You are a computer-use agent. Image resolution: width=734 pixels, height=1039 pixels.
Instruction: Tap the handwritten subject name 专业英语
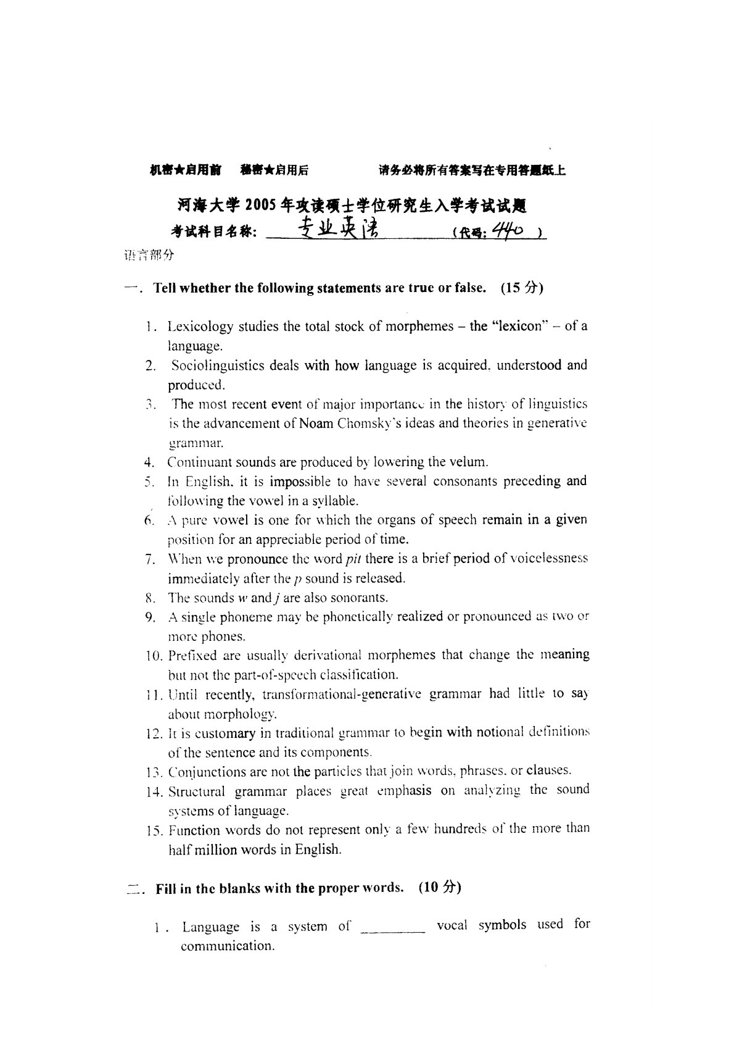(338, 230)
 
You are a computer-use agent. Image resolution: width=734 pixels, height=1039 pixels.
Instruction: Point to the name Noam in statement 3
(316, 424)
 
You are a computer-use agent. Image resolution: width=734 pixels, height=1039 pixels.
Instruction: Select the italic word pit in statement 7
(353, 559)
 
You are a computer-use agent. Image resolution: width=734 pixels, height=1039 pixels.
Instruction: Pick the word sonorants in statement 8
(361, 598)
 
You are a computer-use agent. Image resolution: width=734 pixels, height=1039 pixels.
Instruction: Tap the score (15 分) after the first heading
(522, 288)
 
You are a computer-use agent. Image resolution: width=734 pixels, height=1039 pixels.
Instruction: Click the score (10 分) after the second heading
(440, 888)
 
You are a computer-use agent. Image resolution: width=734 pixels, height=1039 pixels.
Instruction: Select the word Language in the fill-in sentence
(211, 927)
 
